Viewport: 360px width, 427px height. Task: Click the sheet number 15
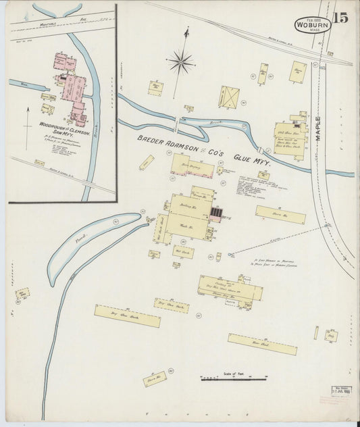pos(340,18)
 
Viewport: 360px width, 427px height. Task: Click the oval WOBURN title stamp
pos(311,25)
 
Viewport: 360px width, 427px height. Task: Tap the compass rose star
pos(181,63)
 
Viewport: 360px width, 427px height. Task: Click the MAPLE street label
pos(318,128)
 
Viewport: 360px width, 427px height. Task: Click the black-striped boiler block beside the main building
pos(215,213)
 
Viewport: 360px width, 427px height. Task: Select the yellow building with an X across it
pos(230,97)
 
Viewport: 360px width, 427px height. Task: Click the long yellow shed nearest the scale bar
pos(262,344)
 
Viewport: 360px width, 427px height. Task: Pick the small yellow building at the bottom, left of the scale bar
pos(154,378)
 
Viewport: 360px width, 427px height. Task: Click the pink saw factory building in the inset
pos(72,88)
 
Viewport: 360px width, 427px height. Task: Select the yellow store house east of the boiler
pos(280,216)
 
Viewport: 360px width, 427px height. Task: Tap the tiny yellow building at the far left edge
pos(22,294)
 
